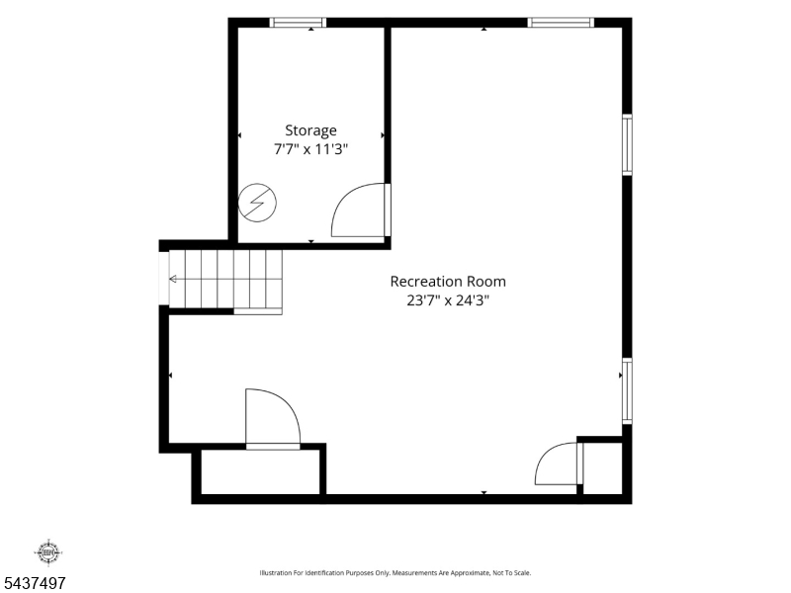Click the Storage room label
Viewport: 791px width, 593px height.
[310, 130]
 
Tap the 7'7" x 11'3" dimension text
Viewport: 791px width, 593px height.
[310, 149]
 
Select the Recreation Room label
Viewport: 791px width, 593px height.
[448, 282]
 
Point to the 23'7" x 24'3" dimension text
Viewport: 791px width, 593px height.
[448, 300]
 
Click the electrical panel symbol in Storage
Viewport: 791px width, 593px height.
[257, 203]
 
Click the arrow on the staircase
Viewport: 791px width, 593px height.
[173, 279]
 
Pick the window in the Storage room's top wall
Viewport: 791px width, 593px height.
[298, 22]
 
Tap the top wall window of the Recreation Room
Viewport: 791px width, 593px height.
[561, 22]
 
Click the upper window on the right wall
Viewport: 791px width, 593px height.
[627, 144]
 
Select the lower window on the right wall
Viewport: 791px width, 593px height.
[627, 390]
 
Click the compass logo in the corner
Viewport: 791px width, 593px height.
[47, 552]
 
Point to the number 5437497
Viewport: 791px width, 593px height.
[33, 583]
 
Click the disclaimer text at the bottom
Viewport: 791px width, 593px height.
[395, 573]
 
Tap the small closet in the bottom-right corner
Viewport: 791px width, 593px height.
[602, 468]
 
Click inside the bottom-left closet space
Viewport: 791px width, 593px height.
[260, 471]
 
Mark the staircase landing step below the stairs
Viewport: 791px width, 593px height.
[258, 311]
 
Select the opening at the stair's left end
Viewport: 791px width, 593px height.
[164, 278]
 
